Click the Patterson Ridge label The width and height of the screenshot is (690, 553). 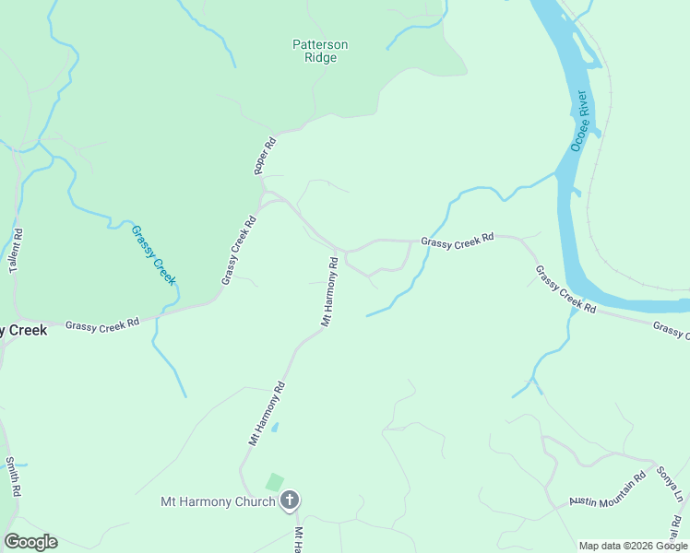pos(320,51)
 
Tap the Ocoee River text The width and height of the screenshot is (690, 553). pos(580,120)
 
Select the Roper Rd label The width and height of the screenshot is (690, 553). pos(265,157)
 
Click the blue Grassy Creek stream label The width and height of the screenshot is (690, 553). pos(153,255)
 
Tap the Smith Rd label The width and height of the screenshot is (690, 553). pos(12,477)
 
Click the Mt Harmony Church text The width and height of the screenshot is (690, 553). pos(218,502)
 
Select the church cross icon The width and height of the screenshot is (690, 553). pos(290,501)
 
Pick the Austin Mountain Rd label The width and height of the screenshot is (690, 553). pos(607,489)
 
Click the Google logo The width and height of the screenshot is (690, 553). pos(30,542)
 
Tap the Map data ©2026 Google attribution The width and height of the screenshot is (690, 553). pos(632,546)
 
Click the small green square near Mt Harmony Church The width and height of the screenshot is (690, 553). pos(274,482)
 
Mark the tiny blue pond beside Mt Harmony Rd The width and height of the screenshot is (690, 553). pos(274,428)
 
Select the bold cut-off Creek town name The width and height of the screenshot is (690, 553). pos(23,330)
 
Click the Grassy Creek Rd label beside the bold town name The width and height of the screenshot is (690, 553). pos(101,324)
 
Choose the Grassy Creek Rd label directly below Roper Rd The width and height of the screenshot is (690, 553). pos(238,251)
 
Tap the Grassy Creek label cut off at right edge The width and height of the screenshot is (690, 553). pos(671,330)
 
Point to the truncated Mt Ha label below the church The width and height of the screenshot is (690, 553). pos(298,539)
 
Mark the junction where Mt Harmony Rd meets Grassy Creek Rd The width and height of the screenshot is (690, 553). pos(344,251)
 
